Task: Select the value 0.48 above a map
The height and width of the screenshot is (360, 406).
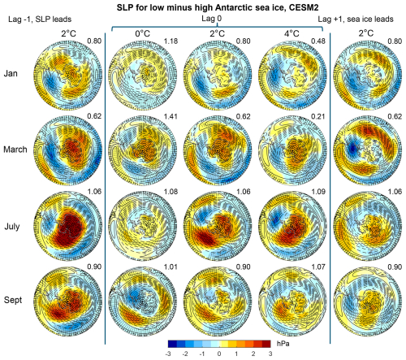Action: coord(322,40)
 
